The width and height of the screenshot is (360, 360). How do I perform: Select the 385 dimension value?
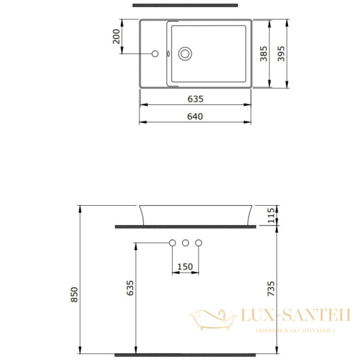click(263, 55)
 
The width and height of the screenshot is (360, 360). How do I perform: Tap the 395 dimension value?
click(282, 55)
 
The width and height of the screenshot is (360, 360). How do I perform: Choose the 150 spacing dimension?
click(185, 266)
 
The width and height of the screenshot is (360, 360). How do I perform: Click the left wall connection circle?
click(172, 242)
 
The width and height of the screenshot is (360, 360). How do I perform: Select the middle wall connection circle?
click(185, 242)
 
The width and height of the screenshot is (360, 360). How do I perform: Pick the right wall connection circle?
click(199, 242)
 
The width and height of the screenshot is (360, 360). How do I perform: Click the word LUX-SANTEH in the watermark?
click(295, 316)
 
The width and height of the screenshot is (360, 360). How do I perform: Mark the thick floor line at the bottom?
click(186, 355)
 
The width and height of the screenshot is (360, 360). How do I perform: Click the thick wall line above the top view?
click(185, 5)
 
